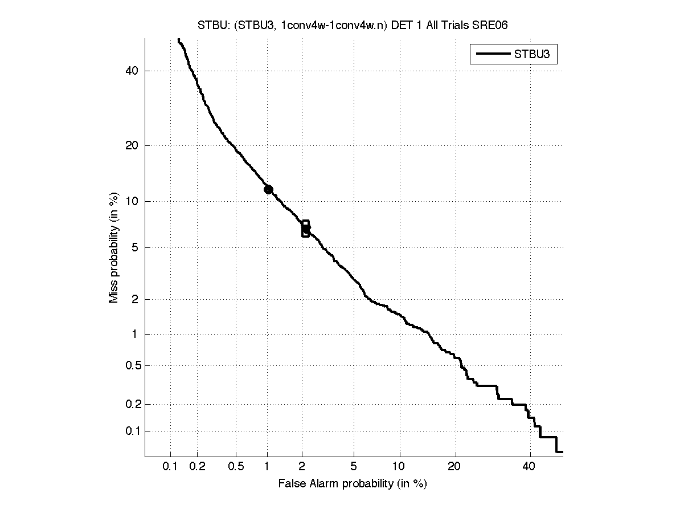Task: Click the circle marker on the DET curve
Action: point(268,189)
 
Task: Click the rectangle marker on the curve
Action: point(305,229)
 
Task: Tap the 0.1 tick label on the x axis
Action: point(170,466)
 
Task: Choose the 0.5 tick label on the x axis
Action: point(236,466)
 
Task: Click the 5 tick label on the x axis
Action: point(354,466)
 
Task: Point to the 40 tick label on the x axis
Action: point(530,466)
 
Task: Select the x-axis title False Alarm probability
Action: point(353,484)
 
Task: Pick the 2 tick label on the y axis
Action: point(135,299)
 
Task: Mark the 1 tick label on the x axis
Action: point(267,466)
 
